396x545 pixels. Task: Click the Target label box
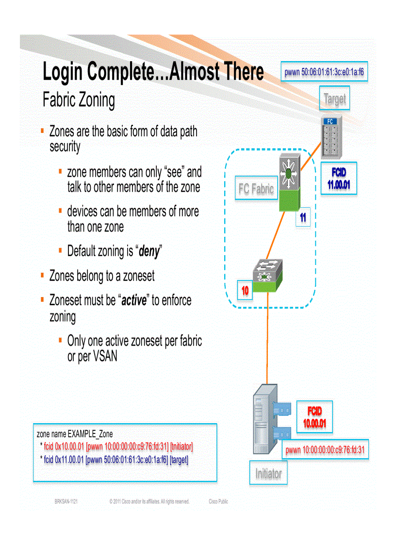[x=334, y=99]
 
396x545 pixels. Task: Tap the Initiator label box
[x=268, y=473]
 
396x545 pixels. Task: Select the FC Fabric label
[x=256, y=189]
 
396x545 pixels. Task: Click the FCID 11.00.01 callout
[x=339, y=179]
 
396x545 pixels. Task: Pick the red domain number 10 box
[x=245, y=291]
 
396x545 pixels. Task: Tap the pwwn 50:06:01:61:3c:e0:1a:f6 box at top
[x=324, y=73]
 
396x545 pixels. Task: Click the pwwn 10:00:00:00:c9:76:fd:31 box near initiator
[x=325, y=450]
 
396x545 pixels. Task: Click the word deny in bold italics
[x=149, y=251]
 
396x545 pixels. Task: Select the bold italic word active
[x=133, y=300]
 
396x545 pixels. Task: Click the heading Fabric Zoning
[x=79, y=100]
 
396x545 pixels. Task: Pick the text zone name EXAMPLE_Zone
[x=75, y=434]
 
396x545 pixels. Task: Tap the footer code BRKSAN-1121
[x=66, y=502]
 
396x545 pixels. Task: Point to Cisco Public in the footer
[x=218, y=502]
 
